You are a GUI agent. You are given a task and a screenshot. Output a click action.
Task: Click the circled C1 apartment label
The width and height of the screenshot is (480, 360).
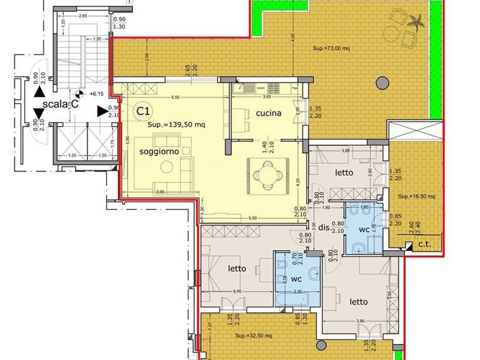[142, 111]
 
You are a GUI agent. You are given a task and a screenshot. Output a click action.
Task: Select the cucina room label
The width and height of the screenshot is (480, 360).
[268, 113]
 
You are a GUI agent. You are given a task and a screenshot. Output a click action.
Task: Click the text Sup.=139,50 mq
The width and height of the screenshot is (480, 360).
[176, 125]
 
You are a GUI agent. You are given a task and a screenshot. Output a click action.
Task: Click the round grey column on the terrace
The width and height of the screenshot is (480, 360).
[380, 83]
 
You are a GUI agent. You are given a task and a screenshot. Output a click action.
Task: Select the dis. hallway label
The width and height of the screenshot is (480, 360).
[324, 228]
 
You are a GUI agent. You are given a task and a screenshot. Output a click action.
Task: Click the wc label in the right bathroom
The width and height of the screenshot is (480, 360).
[363, 230]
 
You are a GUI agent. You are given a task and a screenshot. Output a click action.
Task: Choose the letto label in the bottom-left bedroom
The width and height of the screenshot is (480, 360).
[237, 269]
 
